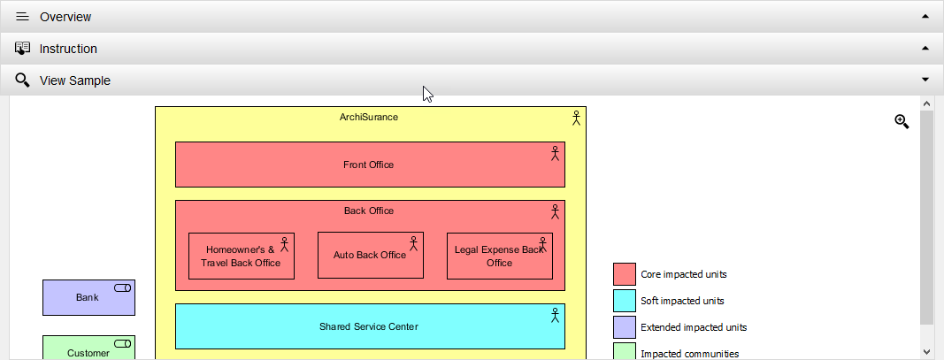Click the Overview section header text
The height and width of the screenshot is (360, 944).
(x=65, y=17)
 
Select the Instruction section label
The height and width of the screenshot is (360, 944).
(x=68, y=49)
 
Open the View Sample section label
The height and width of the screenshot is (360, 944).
(x=74, y=80)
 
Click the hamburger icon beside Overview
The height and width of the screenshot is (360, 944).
(x=23, y=17)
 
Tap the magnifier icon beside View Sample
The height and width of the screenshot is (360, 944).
(x=23, y=80)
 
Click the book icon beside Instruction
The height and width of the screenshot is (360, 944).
(x=23, y=49)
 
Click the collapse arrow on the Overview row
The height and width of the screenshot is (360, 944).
(x=925, y=17)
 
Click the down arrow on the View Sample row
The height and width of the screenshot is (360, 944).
(x=925, y=80)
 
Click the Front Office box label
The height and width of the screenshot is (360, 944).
(x=368, y=165)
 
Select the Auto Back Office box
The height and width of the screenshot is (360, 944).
(x=370, y=256)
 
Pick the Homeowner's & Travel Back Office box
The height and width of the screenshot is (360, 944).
(x=241, y=257)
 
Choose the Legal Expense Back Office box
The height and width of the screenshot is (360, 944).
(x=499, y=257)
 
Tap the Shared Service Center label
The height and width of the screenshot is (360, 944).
(x=368, y=326)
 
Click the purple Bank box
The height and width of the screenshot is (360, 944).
(x=88, y=298)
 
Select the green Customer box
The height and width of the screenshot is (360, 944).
(x=88, y=349)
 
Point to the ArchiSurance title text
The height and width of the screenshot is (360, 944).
(x=369, y=117)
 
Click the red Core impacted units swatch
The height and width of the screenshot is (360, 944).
(x=624, y=274)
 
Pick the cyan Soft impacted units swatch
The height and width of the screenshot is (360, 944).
(x=624, y=301)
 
